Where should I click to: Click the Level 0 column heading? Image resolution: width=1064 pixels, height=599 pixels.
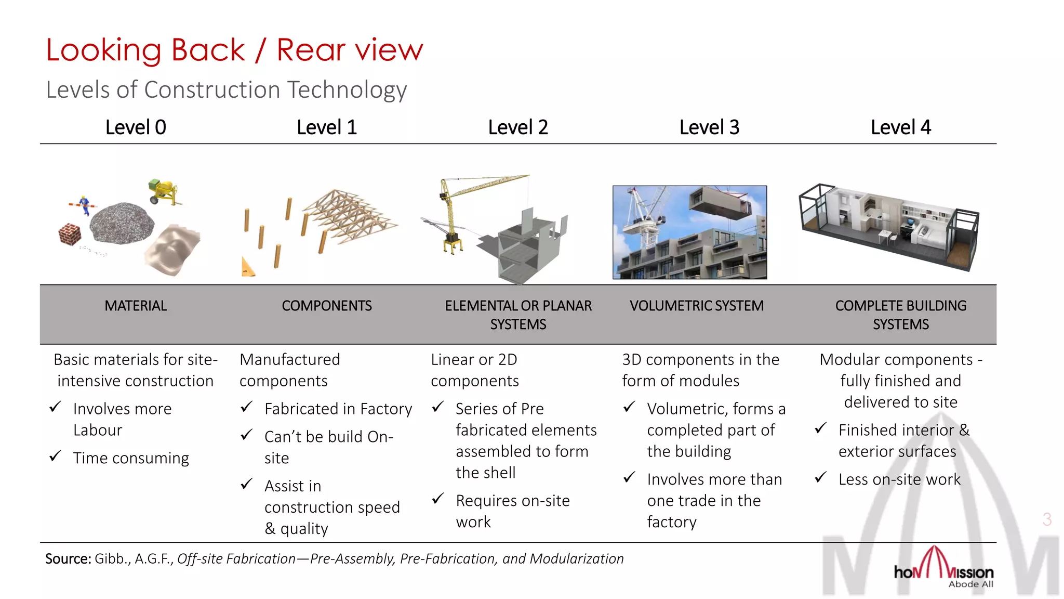pyautogui.click(x=136, y=127)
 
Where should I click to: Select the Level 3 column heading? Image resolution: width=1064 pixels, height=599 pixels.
pyautogui.click(x=709, y=127)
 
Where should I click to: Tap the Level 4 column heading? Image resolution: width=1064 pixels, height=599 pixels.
pyautogui.click(x=900, y=127)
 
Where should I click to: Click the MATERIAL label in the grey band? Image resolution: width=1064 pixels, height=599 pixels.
pyautogui.click(x=136, y=306)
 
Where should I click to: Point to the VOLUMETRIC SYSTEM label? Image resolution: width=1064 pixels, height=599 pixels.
pyautogui.click(x=697, y=306)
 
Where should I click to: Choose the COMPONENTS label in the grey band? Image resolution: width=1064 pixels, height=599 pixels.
pyautogui.click(x=327, y=306)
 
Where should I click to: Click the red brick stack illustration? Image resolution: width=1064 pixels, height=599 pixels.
pyautogui.click(x=70, y=235)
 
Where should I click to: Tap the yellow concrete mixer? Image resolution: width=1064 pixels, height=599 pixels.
pyautogui.click(x=164, y=191)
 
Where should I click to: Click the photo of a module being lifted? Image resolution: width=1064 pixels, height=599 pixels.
pyautogui.click(x=689, y=232)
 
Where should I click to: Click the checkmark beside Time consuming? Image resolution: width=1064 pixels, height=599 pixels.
pyautogui.click(x=55, y=457)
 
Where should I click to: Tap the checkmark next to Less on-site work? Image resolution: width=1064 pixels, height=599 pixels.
pyautogui.click(x=820, y=477)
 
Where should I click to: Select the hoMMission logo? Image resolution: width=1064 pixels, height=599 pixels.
pyautogui.click(x=943, y=569)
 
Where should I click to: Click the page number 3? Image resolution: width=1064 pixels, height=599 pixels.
pyautogui.click(x=1047, y=519)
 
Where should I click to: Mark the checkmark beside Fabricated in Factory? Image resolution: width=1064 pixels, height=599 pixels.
pyautogui.click(x=246, y=407)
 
